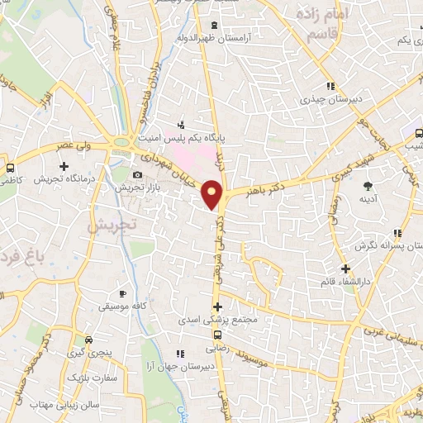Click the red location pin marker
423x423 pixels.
point(214,193)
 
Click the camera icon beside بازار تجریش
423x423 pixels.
point(137,174)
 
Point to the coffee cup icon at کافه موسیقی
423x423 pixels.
point(122,293)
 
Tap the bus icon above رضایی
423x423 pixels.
point(217,335)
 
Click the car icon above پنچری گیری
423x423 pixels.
point(88,340)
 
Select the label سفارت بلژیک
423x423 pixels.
point(118,378)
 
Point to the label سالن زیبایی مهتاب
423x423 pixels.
point(64,405)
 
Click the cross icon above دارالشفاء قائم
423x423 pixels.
point(345,269)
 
